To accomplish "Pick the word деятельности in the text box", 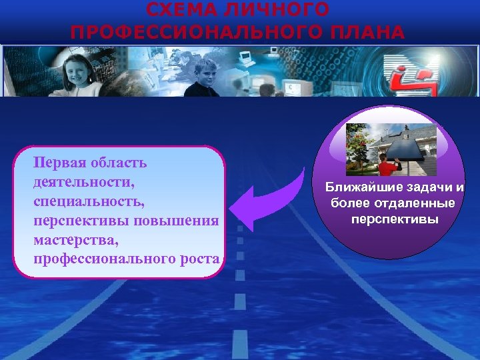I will pos(81,181).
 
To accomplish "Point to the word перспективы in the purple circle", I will pos(394,218).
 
